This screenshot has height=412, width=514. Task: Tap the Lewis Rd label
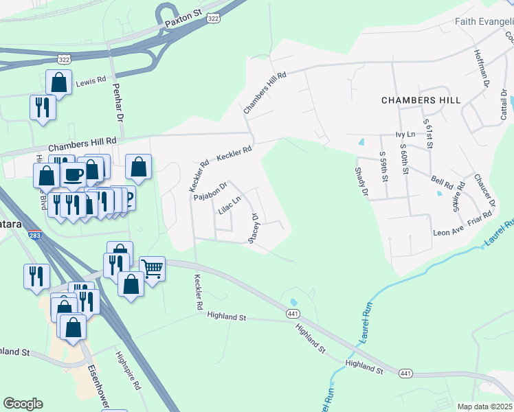click(x=91, y=80)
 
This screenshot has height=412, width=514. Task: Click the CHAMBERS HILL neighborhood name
click(x=421, y=100)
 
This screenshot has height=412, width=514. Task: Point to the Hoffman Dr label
click(x=480, y=67)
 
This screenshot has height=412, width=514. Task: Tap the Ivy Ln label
click(x=405, y=135)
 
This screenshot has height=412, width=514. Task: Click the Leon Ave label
click(x=448, y=232)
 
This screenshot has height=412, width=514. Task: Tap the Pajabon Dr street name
click(x=210, y=191)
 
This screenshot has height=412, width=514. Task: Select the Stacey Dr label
click(x=254, y=227)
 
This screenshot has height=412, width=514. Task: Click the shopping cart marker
click(x=152, y=267)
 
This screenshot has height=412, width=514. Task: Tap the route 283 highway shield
click(x=34, y=235)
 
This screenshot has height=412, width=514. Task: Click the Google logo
click(x=23, y=404)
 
